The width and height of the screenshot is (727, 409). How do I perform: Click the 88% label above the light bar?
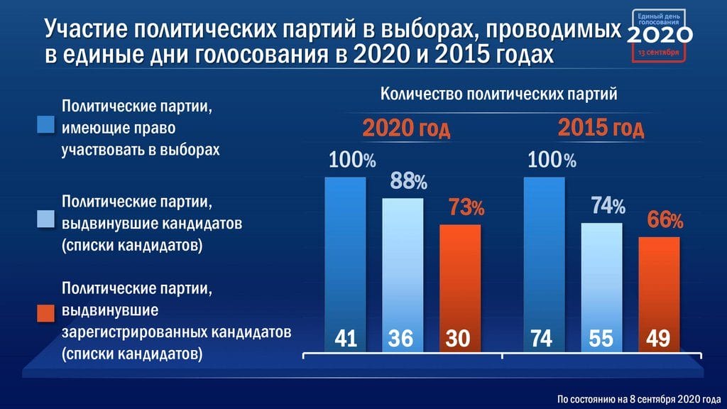(408, 182)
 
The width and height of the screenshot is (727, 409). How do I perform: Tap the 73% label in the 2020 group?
(466, 208)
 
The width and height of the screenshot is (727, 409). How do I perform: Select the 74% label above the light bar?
(608, 207)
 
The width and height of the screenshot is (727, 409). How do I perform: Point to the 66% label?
(665, 221)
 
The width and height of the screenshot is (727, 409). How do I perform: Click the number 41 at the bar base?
(345, 339)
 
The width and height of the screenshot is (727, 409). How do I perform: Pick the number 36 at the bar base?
(401, 339)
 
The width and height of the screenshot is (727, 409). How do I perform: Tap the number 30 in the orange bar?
(459, 339)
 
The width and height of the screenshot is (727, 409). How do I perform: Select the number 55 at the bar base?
(601, 339)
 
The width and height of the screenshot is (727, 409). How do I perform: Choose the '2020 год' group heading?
(406, 130)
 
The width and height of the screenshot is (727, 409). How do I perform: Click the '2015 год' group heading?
(601, 129)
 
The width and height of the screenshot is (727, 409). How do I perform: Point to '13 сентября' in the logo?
(658, 53)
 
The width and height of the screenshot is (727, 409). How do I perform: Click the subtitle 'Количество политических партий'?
(498, 94)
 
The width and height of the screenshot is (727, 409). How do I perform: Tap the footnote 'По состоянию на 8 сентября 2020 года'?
(638, 397)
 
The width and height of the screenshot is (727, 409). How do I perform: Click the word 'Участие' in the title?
(86, 30)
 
